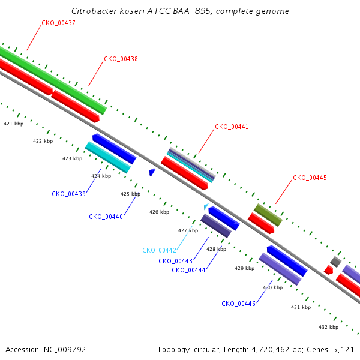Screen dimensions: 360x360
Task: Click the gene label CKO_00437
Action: (x=58, y=23)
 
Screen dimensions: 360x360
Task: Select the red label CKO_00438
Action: (x=121, y=59)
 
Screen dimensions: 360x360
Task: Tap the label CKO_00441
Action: (x=232, y=127)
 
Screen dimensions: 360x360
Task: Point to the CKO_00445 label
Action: (x=310, y=178)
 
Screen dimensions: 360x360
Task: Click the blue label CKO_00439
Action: (x=68, y=194)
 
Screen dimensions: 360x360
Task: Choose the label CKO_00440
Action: (x=106, y=217)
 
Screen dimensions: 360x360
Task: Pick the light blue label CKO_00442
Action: (x=160, y=250)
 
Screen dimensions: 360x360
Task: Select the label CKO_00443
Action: (x=175, y=261)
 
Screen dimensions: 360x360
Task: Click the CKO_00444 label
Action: (x=188, y=270)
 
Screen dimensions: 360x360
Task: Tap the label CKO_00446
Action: (x=238, y=304)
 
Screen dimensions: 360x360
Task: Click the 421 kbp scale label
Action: (x=14, y=124)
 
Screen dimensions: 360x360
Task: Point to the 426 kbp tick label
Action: (x=160, y=212)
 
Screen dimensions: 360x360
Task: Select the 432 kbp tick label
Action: (x=328, y=327)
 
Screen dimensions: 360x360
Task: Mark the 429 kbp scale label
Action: (x=245, y=268)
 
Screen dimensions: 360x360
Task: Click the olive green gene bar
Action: (x=268, y=215)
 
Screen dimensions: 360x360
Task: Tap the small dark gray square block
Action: (x=335, y=262)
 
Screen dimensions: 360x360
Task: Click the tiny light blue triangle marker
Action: (x=206, y=206)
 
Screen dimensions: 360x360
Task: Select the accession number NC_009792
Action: (x=65, y=350)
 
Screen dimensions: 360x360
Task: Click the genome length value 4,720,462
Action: (x=271, y=350)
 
